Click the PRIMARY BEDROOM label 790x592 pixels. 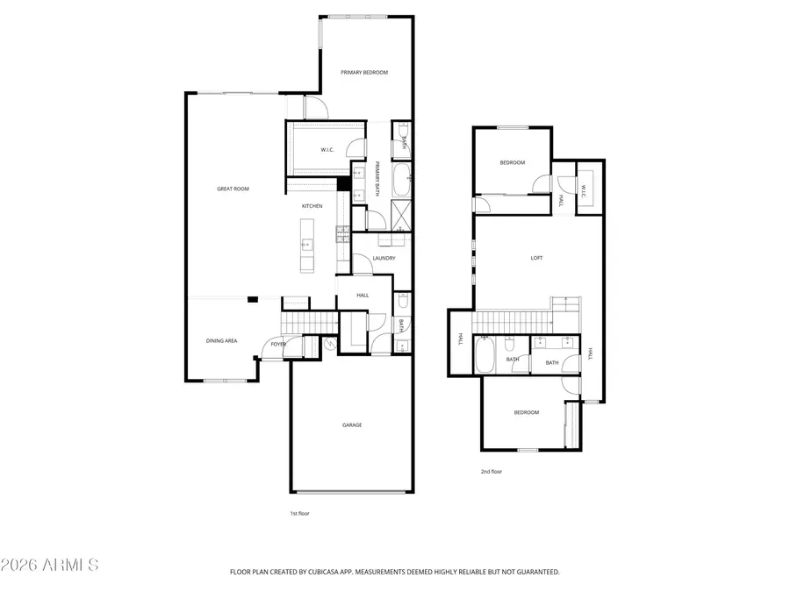click(364, 73)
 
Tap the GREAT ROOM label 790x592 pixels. click(233, 189)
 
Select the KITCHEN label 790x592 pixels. click(312, 206)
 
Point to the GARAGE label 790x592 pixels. click(352, 425)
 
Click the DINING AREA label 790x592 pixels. click(221, 340)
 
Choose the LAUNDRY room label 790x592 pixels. click(384, 258)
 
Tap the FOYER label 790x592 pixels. click(278, 345)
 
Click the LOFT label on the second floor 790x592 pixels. click(536, 258)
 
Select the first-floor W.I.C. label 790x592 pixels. click(327, 150)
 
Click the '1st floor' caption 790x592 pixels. click(299, 513)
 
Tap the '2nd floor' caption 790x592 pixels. click(492, 472)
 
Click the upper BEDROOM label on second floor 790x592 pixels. click(513, 162)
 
